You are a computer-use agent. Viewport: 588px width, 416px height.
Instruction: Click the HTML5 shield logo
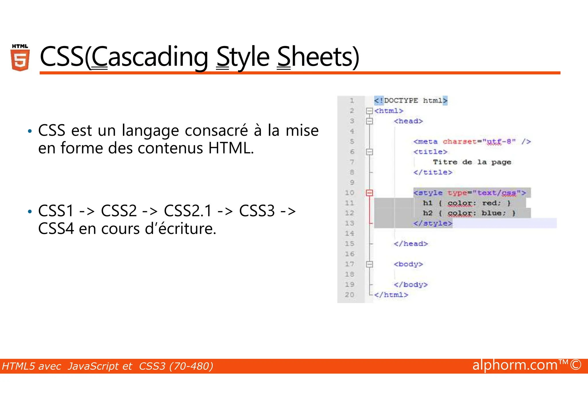point(20,58)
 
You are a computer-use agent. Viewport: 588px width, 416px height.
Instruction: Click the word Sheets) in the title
point(318,57)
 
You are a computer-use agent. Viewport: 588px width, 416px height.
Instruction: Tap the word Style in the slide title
point(243,57)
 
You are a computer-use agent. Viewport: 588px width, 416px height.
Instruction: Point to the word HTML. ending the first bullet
point(231,148)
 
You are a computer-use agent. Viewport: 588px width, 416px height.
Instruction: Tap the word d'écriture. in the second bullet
point(180,229)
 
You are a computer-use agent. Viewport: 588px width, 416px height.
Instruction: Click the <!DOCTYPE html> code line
point(411,101)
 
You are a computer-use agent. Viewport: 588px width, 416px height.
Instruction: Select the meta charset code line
point(472,141)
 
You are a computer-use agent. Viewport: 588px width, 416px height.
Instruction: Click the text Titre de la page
point(472,162)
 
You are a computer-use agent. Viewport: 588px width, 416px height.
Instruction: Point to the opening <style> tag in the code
point(470,193)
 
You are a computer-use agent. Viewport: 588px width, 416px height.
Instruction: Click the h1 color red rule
point(467,203)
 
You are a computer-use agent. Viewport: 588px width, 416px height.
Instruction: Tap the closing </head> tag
point(411,244)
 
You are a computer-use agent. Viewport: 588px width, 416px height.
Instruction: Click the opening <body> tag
point(408,264)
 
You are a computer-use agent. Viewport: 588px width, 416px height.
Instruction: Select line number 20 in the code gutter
point(349,295)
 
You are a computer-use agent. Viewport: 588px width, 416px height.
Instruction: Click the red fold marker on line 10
point(370,193)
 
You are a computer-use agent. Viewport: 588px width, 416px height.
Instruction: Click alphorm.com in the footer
point(515,365)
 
